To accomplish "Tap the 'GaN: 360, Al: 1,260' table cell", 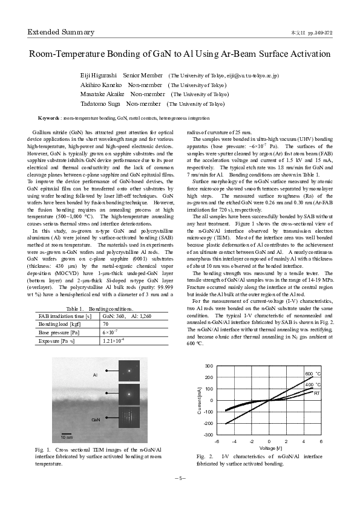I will pos(128,316).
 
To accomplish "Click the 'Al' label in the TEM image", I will pos(95,375).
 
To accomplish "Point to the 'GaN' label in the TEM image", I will pos(95,419).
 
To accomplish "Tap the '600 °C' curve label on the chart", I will pos(312,375).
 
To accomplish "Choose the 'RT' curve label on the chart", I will pos(316,392).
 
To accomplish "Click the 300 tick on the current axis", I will pos(209,366).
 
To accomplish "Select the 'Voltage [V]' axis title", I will pos(270,448).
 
